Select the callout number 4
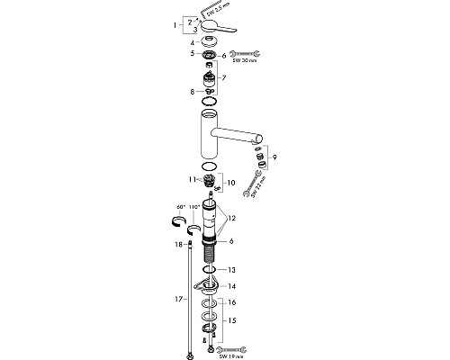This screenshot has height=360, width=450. click(x=191, y=41)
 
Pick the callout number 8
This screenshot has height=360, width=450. click(x=191, y=92)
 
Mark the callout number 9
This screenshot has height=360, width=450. click(x=287, y=158)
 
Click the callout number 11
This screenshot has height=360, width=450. click(x=191, y=179)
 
